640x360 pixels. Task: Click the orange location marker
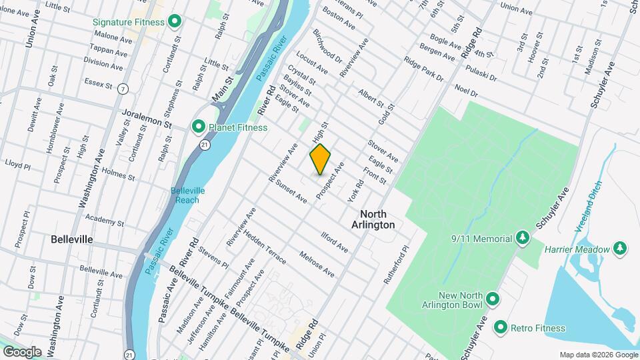point(320,159)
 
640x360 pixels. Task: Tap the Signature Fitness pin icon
point(174,22)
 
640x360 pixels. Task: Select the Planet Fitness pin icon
point(198,127)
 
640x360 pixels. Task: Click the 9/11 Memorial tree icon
point(523,239)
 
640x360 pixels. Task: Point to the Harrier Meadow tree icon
point(621,249)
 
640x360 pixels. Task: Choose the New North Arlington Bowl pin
point(493,298)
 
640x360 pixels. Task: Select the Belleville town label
point(71,239)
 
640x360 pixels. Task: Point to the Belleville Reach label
point(187,195)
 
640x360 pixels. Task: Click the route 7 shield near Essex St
point(123,89)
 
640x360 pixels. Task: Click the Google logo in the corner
point(22,351)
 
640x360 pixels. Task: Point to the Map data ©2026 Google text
point(598,355)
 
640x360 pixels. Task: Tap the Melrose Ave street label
point(317,264)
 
